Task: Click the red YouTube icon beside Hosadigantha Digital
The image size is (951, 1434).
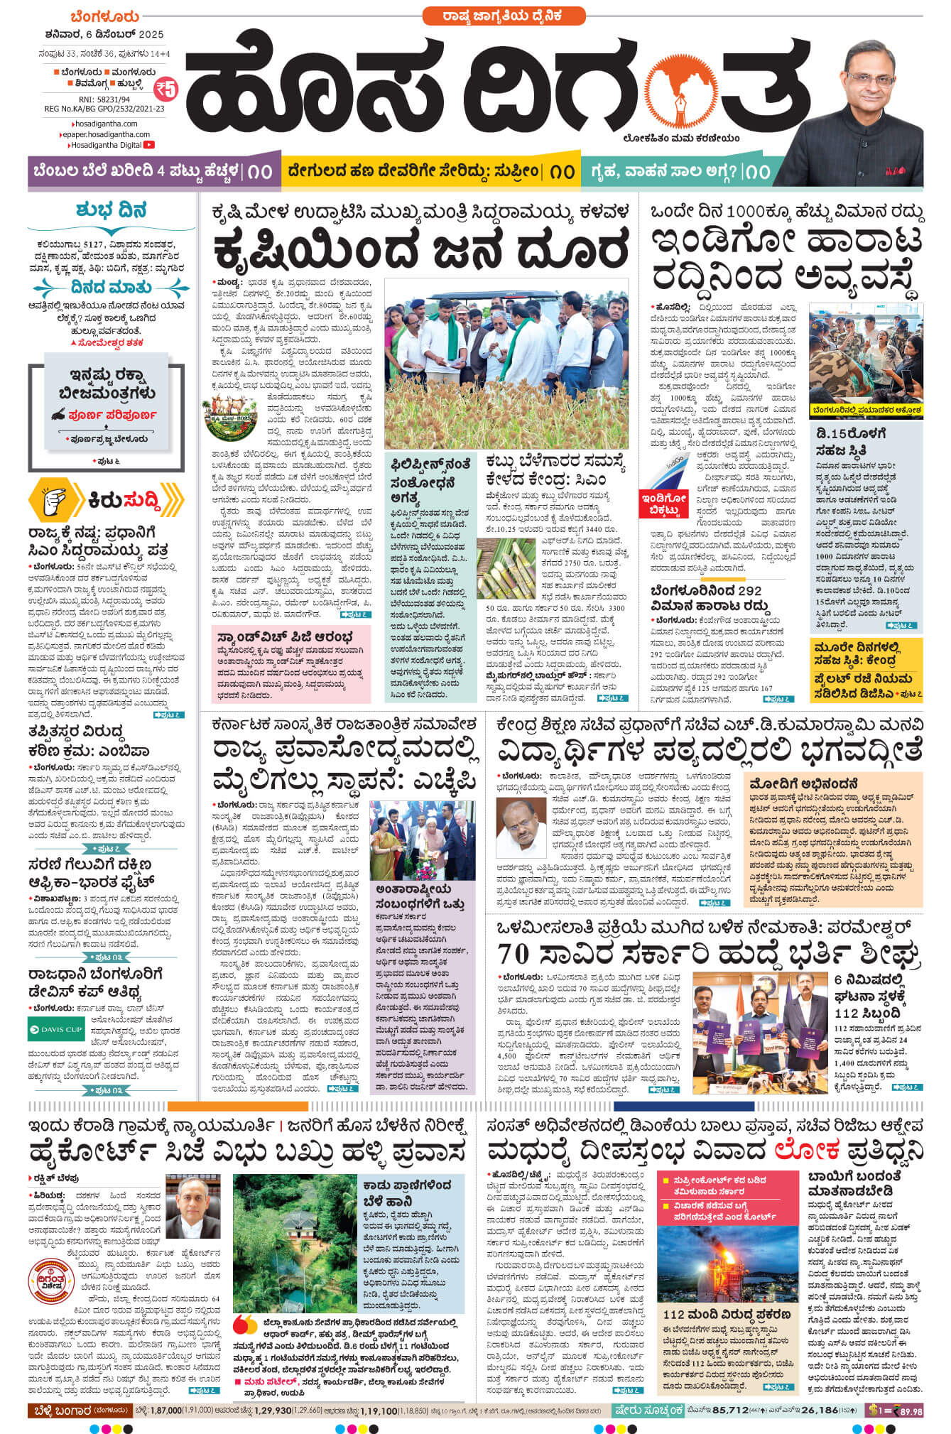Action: point(149,145)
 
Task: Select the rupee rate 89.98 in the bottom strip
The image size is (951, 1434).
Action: point(910,1411)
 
